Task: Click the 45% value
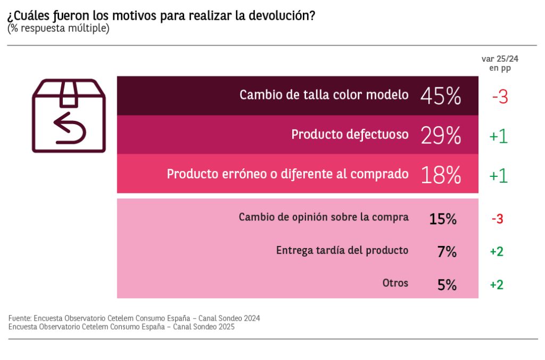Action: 440,96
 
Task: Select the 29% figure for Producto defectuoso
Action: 440,135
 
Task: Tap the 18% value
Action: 440,175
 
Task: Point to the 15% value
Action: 443,218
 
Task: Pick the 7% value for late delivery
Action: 447,251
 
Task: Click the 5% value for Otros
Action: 447,284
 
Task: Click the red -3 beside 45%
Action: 499,97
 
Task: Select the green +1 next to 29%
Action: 498,136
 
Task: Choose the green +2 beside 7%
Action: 497,251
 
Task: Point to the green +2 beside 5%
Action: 497,284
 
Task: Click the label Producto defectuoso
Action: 350,135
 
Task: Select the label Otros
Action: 395,283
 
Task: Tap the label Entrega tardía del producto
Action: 342,250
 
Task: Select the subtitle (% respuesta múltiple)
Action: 58,28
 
